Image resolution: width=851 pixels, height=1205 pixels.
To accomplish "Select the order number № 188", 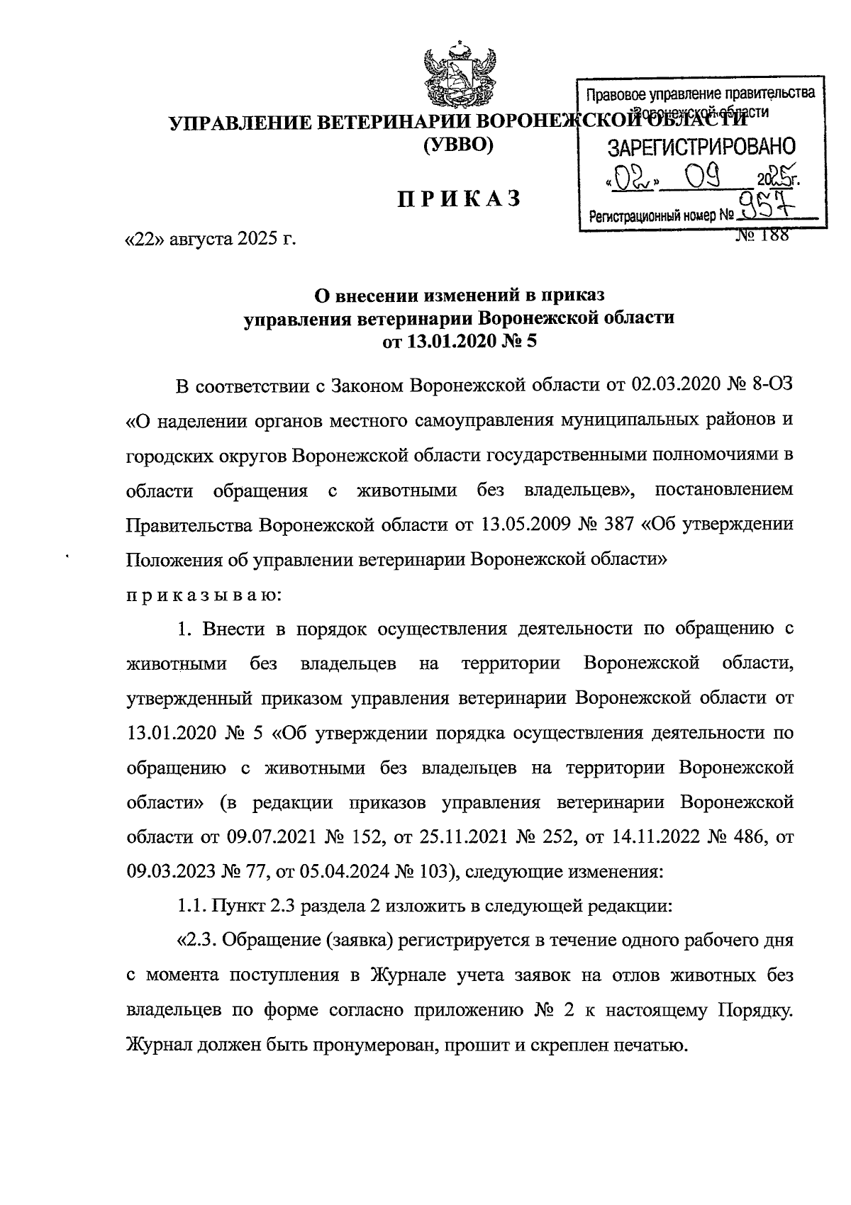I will coord(763,236).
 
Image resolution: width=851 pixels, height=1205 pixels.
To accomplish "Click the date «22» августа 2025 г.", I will coord(211,240).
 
